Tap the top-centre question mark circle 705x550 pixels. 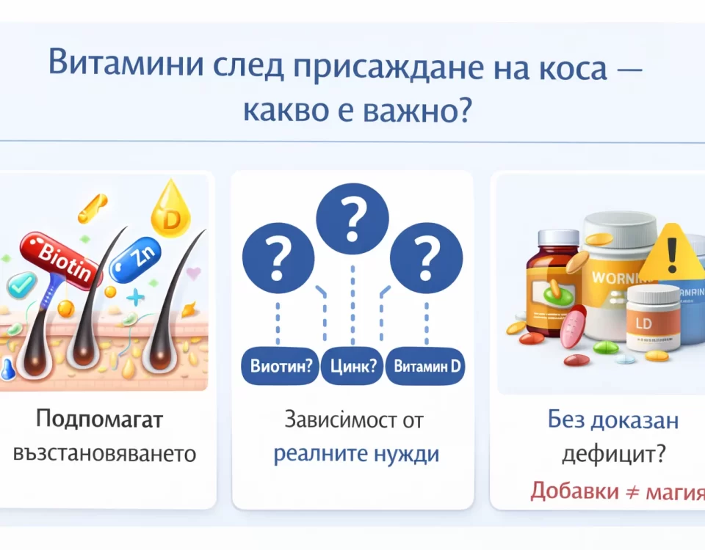click(x=352, y=217)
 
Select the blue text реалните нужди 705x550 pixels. click(x=356, y=453)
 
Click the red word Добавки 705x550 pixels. click(x=575, y=490)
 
